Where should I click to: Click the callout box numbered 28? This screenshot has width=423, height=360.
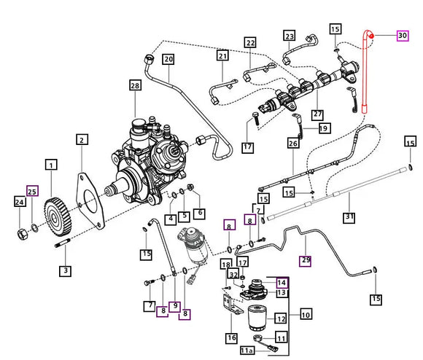[x=134, y=87]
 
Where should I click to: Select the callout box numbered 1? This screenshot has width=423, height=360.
[x=50, y=165]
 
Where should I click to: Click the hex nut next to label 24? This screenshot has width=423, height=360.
[x=22, y=233]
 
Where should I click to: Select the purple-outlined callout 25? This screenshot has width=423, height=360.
[x=31, y=191]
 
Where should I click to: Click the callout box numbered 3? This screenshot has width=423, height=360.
[x=66, y=272]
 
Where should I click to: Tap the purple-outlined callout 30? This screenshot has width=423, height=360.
[x=402, y=35]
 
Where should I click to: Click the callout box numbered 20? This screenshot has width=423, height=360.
[x=168, y=60]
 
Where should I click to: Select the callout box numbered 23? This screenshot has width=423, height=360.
[x=289, y=36]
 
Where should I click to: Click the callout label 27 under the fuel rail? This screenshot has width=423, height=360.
[x=317, y=114]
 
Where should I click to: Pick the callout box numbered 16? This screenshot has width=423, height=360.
[x=230, y=337]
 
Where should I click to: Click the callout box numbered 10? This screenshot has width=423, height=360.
[x=305, y=314]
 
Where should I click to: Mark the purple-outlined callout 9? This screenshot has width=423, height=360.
[x=174, y=305]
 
